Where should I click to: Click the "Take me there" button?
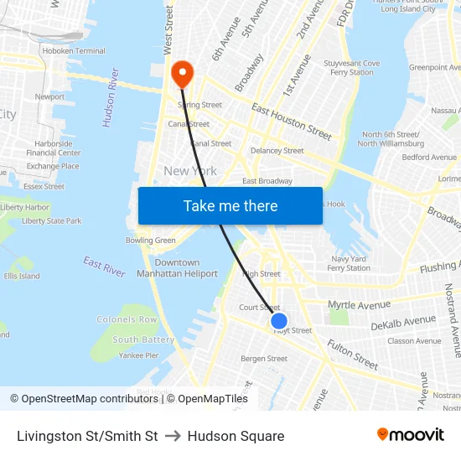click(x=230, y=206)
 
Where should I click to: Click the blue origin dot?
click(x=279, y=321)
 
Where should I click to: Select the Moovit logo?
click(x=410, y=435)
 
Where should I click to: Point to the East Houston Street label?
click(x=291, y=122)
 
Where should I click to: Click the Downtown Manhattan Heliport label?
click(x=177, y=268)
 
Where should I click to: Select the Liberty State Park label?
click(x=51, y=221)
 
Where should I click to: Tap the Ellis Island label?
click(x=22, y=276)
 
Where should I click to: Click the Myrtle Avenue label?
click(x=360, y=304)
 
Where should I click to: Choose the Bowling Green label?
click(x=151, y=241)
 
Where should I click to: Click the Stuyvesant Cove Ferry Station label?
click(x=352, y=67)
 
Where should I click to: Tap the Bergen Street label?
click(x=264, y=359)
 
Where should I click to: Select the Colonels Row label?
click(x=127, y=320)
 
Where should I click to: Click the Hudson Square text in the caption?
click(x=236, y=436)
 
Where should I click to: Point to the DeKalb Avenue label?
click(x=403, y=322)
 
